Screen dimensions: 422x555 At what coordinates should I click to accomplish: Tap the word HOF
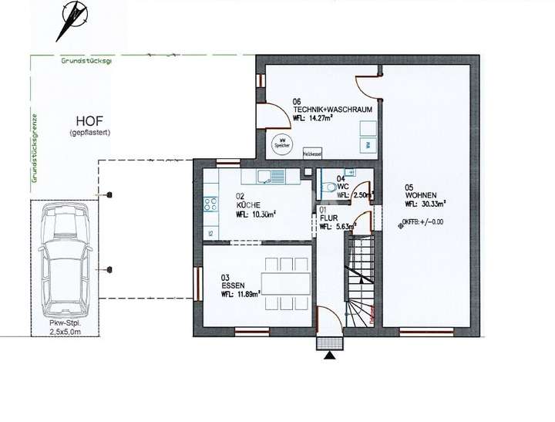click(89, 121)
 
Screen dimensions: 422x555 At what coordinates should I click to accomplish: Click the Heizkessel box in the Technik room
click(312, 153)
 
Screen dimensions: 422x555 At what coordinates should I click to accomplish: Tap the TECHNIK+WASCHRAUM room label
click(333, 110)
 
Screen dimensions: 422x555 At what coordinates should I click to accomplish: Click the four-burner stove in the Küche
click(210, 204)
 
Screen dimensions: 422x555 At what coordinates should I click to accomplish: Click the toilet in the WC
click(328, 186)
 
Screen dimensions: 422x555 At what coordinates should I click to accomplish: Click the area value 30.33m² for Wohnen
click(434, 204)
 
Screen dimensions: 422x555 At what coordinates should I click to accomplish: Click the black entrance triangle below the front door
click(330, 355)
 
